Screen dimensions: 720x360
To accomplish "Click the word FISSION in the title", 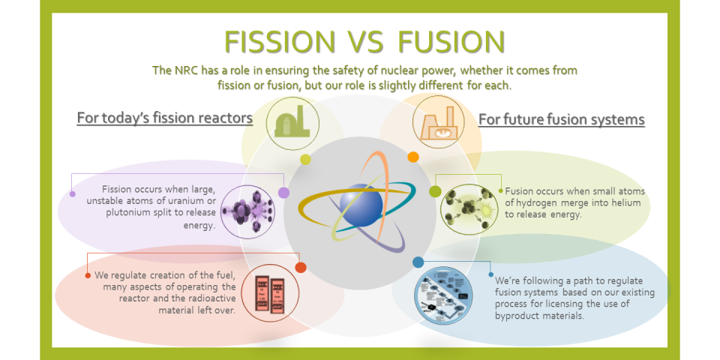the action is (x=280, y=42).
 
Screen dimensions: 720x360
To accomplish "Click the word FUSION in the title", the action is (x=451, y=42).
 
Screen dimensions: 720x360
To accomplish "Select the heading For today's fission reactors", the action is (x=165, y=118).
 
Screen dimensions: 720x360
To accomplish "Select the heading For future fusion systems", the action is (x=562, y=119).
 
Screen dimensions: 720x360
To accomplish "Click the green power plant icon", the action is (x=293, y=122).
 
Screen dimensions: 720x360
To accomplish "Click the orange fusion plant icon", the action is (x=439, y=121).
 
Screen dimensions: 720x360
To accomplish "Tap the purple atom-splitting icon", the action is (x=248, y=211).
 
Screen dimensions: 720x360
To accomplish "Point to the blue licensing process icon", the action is (x=443, y=295).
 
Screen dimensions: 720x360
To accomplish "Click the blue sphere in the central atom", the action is (x=361, y=205).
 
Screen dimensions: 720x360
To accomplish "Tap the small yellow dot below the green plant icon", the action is (x=305, y=159).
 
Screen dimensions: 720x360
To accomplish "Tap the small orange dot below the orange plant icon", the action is (x=413, y=157).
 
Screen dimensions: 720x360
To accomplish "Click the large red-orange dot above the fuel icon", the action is (x=301, y=267).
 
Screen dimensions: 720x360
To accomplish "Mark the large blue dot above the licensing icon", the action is (x=418, y=262).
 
